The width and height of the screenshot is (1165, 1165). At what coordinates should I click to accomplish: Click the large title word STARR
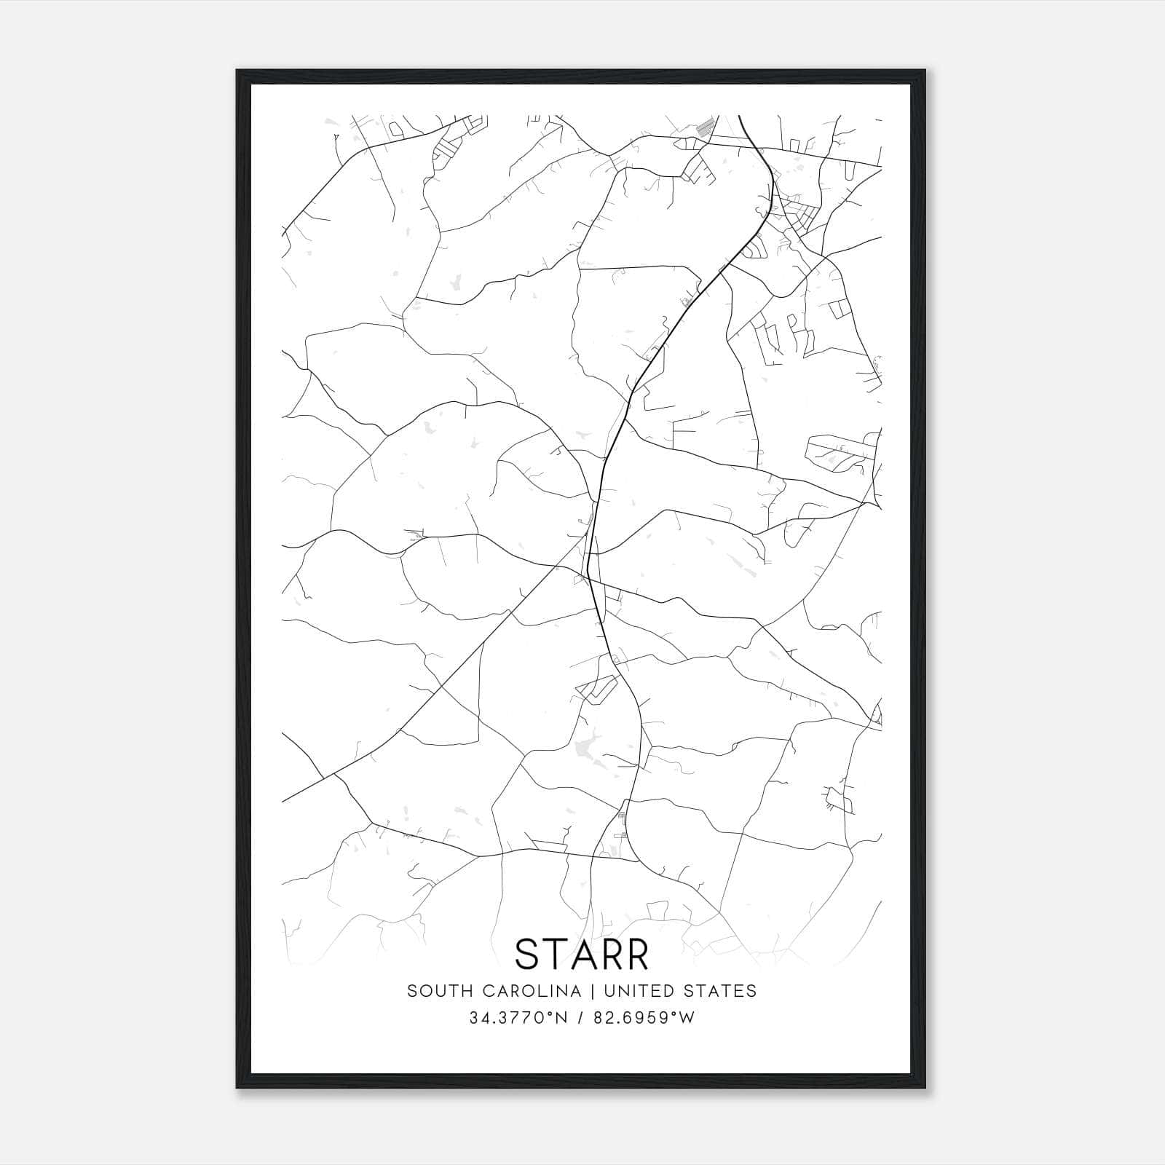pyautogui.click(x=582, y=954)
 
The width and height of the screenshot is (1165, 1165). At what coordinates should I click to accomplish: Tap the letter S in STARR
pyautogui.click(x=528, y=954)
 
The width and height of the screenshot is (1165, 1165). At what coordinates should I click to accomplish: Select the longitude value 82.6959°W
pyautogui.click(x=644, y=1018)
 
